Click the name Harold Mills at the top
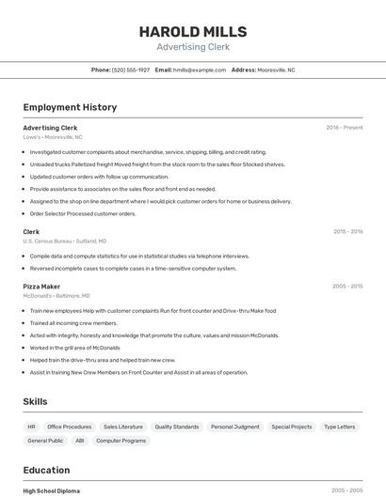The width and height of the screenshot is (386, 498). [193, 31]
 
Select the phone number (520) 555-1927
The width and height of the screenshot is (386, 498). [131, 70]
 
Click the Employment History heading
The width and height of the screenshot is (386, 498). [70, 107]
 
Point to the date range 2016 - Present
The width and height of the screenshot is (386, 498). [345, 127]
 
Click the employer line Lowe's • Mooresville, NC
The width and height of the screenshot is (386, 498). [53, 136]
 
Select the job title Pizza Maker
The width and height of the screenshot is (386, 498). [41, 286]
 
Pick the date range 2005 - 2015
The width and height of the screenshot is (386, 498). [347, 286]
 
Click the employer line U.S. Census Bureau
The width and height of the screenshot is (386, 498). [65, 241]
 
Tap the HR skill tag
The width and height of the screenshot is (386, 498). [31, 427]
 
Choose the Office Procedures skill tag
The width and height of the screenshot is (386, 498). [70, 427]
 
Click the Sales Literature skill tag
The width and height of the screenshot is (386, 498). [123, 427]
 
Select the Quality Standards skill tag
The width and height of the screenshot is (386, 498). [177, 427]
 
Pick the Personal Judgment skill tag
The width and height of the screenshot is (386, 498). [235, 427]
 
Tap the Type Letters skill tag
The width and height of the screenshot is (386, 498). [340, 427]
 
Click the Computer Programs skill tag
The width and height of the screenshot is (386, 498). [121, 440]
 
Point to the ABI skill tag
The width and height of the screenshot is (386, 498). [80, 440]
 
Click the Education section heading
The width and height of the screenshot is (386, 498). [46, 470]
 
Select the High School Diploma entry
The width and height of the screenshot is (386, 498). [51, 490]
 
